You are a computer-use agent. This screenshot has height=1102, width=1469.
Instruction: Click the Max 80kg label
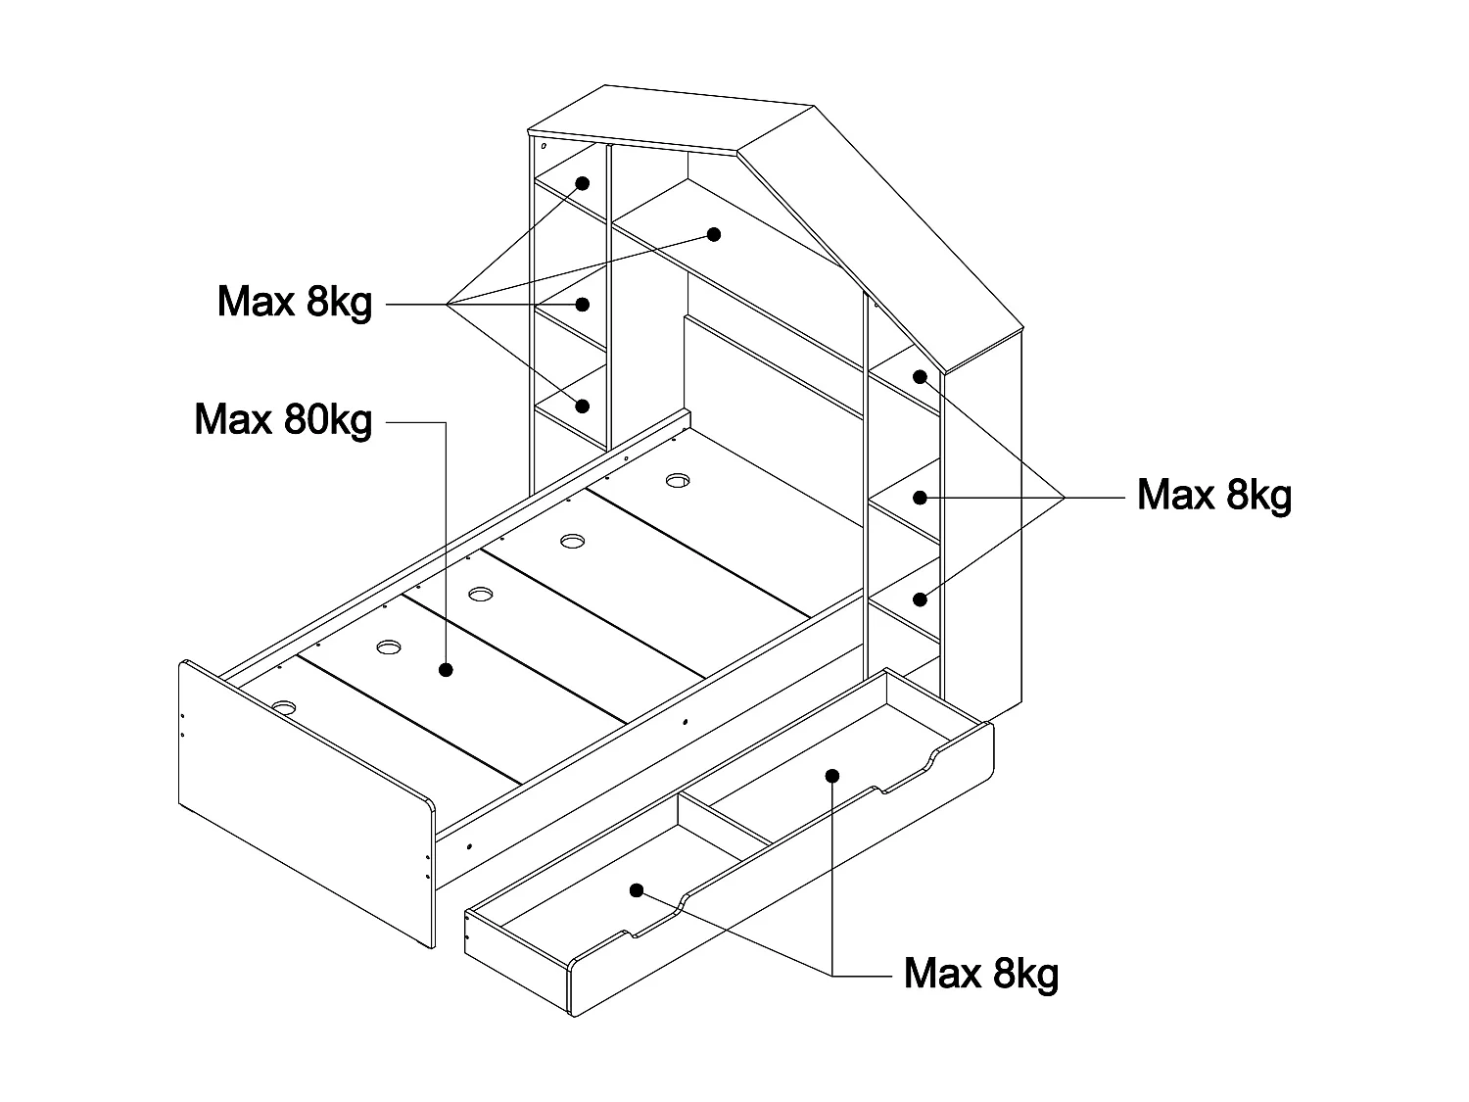pos(284,420)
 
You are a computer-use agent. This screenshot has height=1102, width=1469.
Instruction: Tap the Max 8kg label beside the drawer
pos(981,974)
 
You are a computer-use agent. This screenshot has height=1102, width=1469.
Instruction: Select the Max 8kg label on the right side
pos(1214,496)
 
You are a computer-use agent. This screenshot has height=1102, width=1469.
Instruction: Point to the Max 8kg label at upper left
pos(295,302)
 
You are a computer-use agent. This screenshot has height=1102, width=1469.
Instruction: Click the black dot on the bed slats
pos(446,670)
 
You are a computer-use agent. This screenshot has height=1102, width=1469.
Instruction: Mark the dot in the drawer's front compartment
pos(637,890)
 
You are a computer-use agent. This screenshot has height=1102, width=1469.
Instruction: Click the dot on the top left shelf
pos(582,183)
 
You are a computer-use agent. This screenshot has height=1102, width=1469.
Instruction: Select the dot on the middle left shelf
pos(583,304)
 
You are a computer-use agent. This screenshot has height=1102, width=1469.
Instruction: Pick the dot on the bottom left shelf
pos(583,405)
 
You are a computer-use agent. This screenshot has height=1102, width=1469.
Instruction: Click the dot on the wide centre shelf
pos(714,234)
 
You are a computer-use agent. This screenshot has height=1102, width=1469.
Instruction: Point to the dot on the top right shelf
pos(920,376)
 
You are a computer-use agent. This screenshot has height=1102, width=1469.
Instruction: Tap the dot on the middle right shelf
pos(920,497)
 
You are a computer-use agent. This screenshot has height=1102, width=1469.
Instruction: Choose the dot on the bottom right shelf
pos(920,599)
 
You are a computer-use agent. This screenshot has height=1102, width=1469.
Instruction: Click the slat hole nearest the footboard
pos(285,706)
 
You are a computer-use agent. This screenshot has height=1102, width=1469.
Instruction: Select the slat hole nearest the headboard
pos(679,480)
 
